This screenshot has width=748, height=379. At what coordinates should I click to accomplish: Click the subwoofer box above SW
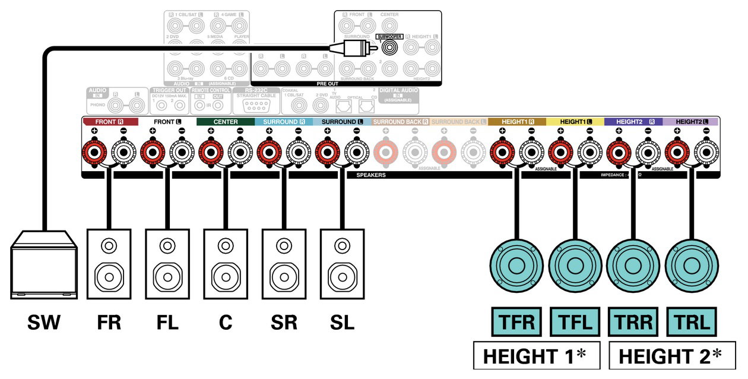(x=45, y=264)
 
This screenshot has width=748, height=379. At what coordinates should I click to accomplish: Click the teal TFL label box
(x=575, y=323)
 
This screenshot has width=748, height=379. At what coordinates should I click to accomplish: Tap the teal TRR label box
(x=633, y=323)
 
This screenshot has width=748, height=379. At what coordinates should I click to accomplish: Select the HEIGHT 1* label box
(x=535, y=356)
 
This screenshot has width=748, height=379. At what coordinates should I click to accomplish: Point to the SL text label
(x=342, y=323)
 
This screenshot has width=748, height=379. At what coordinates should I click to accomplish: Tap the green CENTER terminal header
(x=226, y=121)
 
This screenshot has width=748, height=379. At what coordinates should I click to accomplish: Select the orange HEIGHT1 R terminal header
(x=517, y=121)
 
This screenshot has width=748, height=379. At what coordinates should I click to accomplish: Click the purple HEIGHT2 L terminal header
(x=692, y=121)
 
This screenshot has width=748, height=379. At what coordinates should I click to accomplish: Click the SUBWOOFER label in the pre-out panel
(x=389, y=37)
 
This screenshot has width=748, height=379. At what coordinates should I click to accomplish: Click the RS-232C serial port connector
(x=256, y=106)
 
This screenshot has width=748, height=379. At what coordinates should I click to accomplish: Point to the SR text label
(x=283, y=323)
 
